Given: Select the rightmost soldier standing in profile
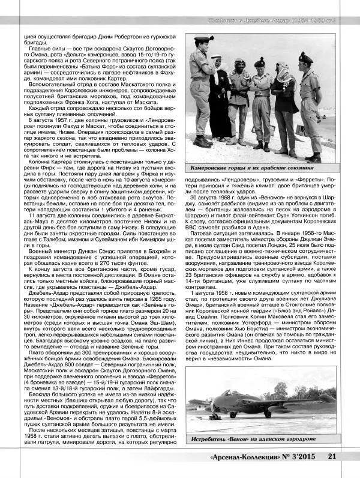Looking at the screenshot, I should [311, 102].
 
